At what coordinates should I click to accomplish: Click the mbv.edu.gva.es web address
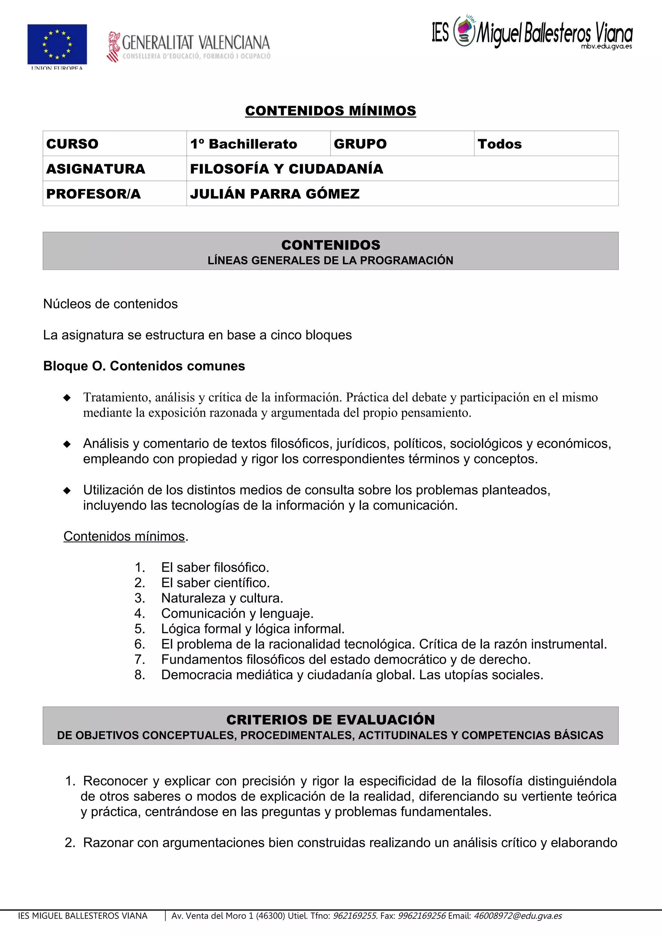(x=606, y=47)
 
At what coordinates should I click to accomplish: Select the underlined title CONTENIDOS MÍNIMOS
(x=330, y=111)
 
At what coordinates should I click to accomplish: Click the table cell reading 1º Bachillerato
(x=243, y=144)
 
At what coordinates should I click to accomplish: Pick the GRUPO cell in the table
(x=360, y=144)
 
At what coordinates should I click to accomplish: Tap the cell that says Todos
(x=500, y=144)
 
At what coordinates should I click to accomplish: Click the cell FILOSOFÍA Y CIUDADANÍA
(x=286, y=169)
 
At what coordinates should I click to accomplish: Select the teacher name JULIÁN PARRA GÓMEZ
(x=274, y=194)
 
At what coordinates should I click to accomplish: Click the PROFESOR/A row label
(x=93, y=194)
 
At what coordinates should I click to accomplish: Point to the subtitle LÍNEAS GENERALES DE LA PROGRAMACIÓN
(x=330, y=261)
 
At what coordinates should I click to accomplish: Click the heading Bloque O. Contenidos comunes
(x=144, y=366)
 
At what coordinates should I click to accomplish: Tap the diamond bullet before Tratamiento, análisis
(x=67, y=398)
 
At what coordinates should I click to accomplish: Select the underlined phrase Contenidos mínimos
(x=124, y=536)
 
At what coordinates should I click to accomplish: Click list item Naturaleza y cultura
(x=222, y=598)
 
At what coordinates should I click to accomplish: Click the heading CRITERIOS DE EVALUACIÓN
(x=330, y=720)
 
